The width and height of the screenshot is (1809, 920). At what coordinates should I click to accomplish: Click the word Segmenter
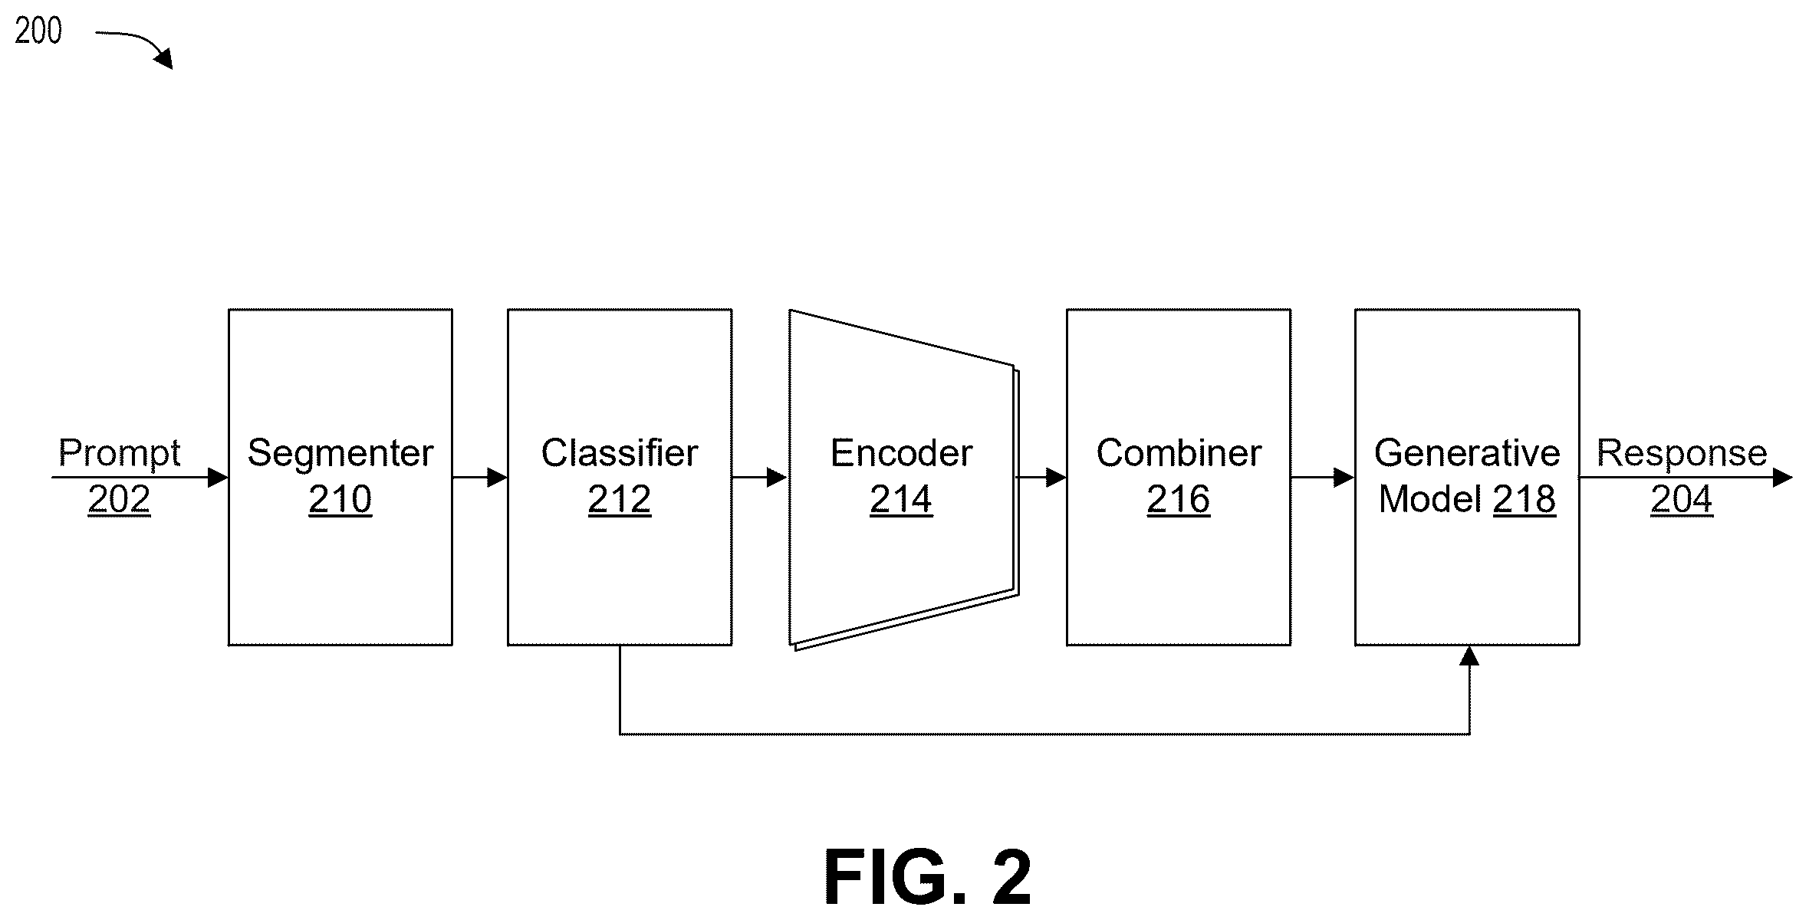(x=340, y=453)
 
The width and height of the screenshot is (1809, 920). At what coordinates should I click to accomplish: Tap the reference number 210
(x=340, y=500)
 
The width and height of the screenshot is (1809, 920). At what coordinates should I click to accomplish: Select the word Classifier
(x=620, y=453)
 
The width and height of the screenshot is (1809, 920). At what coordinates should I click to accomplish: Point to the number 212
(x=620, y=500)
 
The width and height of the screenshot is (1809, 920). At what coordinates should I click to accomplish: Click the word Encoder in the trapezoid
(x=901, y=453)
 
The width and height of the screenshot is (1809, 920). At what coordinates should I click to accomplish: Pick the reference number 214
(x=901, y=500)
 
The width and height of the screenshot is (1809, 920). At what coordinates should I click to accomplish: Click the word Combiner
(x=1179, y=453)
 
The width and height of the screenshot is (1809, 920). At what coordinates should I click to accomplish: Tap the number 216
(x=1179, y=500)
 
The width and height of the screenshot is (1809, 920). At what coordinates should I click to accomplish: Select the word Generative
(x=1467, y=453)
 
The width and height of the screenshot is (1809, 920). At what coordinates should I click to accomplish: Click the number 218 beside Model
(x=1524, y=500)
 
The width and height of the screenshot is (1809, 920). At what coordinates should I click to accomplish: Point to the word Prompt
(x=120, y=453)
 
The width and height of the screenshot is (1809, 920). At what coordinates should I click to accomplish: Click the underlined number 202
(x=120, y=500)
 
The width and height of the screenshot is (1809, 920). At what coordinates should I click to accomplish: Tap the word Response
(x=1682, y=453)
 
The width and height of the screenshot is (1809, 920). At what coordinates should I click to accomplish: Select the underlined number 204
(x=1682, y=500)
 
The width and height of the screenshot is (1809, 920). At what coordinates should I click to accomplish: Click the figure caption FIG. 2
(x=928, y=878)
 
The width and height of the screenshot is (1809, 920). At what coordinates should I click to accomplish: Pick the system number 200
(x=38, y=31)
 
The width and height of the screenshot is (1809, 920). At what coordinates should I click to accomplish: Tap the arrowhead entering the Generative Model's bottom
(x=1469, y=655)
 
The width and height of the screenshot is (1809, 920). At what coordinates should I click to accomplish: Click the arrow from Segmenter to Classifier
(x=480, y=478)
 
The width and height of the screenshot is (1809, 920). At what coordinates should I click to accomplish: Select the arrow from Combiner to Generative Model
(x=1323, y=478)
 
